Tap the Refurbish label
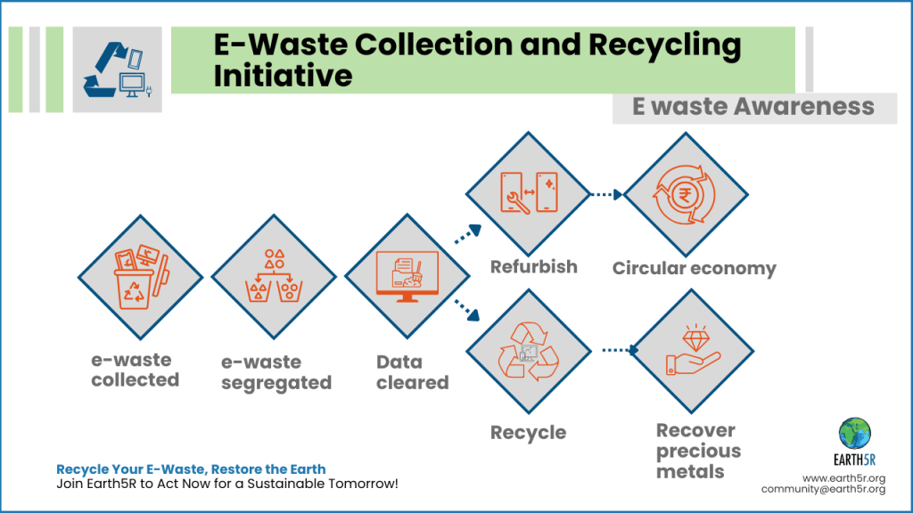533,266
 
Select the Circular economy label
694,268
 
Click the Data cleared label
412,372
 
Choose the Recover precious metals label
698,451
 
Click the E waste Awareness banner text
753,108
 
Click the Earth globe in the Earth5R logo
855,433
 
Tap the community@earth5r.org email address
822,489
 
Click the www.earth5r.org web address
843,477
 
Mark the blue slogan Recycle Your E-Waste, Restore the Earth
191,468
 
